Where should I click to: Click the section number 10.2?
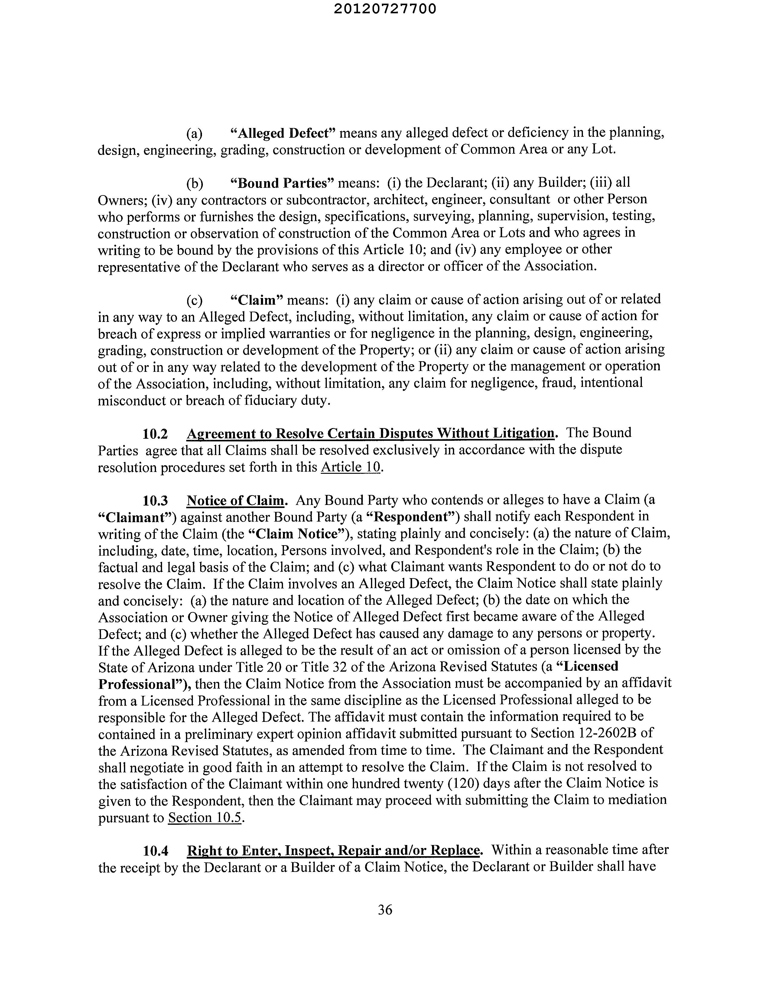click(155, 434)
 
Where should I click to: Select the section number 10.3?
click(155, 500)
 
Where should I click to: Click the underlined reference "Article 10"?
click(351, 467)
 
